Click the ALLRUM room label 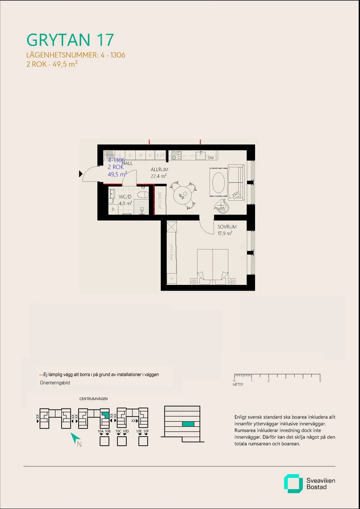coord(159,169)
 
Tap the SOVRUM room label coord(227,227)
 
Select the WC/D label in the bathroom coord(125,197)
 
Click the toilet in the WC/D coord(143,195)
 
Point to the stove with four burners coord(176,155)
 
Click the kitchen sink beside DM coord(200,155)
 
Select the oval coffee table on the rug coord(218,182)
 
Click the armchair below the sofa coord(221,206)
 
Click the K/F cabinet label coord(160,155)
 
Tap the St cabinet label coord(140,155)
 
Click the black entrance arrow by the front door coord(80,174)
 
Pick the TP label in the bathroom coord(113,209)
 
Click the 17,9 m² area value coord(225,233)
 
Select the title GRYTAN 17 coord(70,40)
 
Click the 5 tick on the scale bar coord(320,380)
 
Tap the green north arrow coord(75,438)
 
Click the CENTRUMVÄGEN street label coord(93,399)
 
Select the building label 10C coord(118,431)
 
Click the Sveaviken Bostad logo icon coord(293,484)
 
